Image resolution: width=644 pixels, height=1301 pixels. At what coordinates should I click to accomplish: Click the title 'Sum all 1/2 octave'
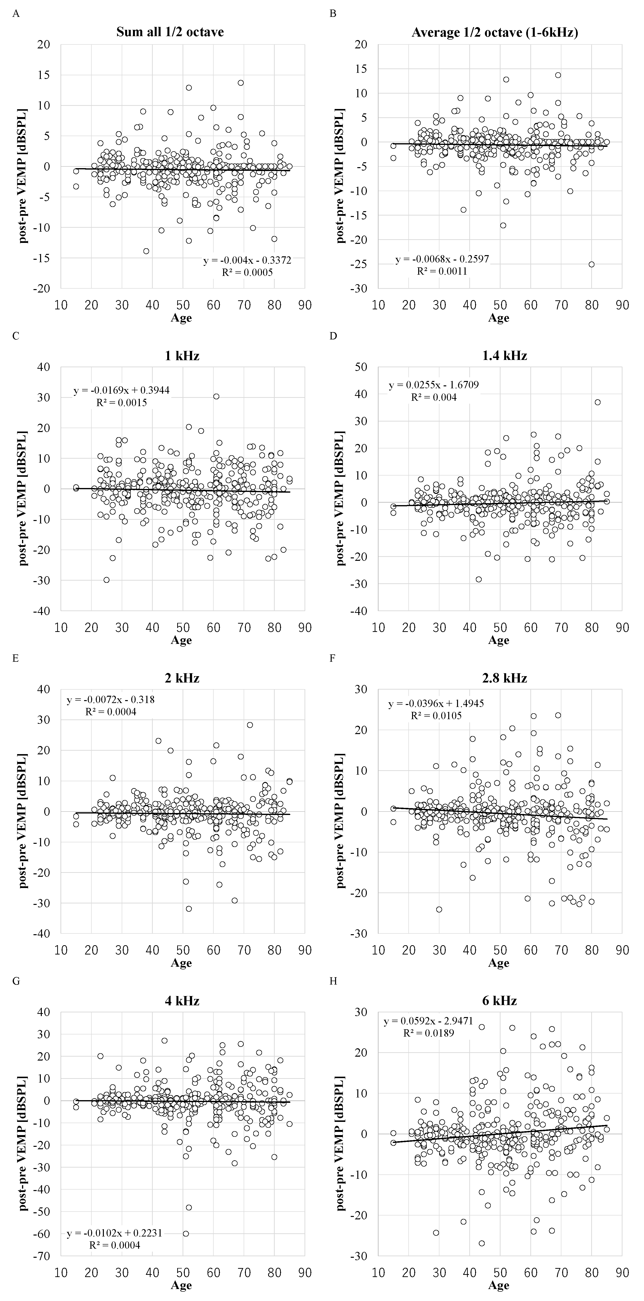170,32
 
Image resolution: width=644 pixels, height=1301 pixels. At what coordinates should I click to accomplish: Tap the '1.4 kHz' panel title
499,356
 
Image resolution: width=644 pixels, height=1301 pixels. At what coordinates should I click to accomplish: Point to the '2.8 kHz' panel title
499,678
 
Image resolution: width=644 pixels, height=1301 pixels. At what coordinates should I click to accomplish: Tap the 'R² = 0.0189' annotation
428,1033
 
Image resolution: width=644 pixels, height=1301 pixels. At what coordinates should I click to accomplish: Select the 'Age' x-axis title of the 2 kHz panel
181,963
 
